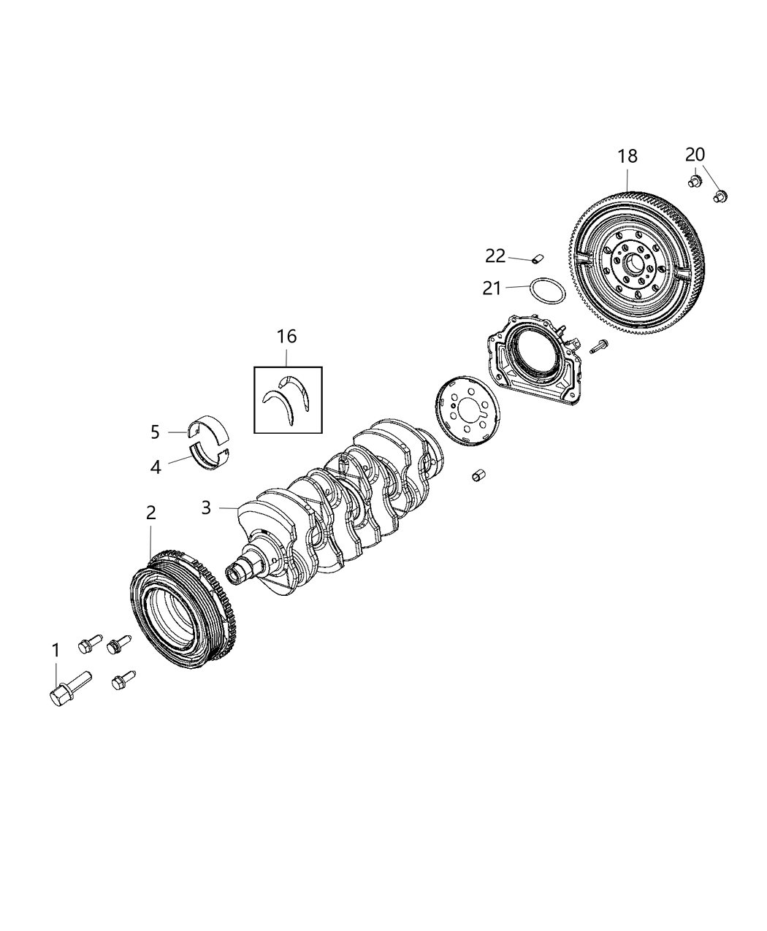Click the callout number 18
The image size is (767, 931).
(x=627, y=156)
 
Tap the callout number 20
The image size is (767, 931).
(x=695, y=154)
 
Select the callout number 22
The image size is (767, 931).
(x=495, y=256)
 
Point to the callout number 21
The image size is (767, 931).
(x=492, y=288)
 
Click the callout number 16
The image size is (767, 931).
(x=286, y=337)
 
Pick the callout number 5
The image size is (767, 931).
(x=155, y=432)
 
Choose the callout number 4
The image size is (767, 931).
(x=156, y=466)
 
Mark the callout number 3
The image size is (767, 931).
(x=207, y=507)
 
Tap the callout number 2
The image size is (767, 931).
(x=150, y=513)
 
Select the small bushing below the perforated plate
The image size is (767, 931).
(x=480, y=475)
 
